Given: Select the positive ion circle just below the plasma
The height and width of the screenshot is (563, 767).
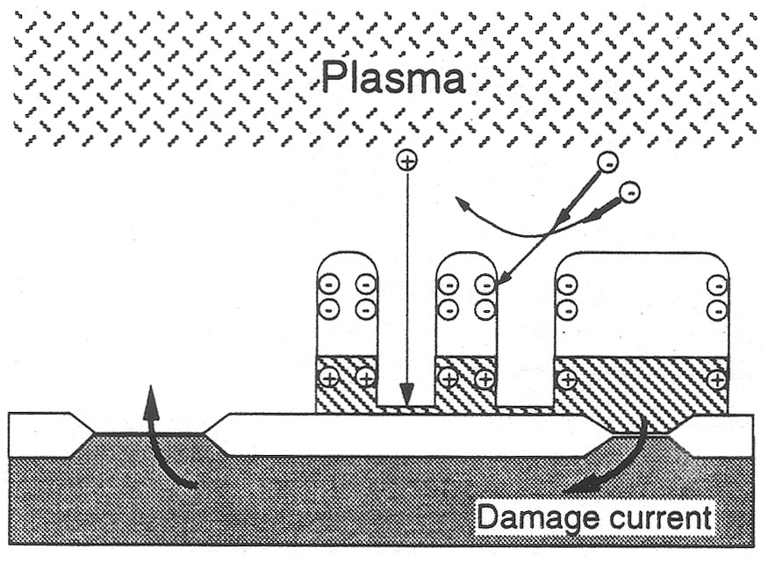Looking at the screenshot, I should tap(406, 160).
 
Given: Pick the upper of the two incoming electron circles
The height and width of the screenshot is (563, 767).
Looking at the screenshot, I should tap(606, 161).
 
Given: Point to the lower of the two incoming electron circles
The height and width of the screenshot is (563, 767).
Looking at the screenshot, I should tap(628, 191).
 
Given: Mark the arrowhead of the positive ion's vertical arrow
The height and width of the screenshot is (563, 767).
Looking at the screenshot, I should tap(406, 396).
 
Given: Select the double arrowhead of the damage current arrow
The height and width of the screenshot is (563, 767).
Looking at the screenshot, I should tap(574, 486).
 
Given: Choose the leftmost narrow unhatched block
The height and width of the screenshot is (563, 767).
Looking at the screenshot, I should tap(347, 303).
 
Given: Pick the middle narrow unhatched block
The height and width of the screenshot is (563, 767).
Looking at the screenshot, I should tap(466, 303).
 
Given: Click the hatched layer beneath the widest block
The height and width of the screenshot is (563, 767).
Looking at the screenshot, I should tap(642, 384).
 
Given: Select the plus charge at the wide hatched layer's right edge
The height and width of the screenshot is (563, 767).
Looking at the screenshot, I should tap(717, 380).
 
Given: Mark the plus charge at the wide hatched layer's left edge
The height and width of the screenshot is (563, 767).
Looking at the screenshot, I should tap(568, 380).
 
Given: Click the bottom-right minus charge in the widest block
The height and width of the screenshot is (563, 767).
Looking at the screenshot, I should tap(717, 309).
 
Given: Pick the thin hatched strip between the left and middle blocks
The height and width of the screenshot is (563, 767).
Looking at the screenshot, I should tap(406, 408).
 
